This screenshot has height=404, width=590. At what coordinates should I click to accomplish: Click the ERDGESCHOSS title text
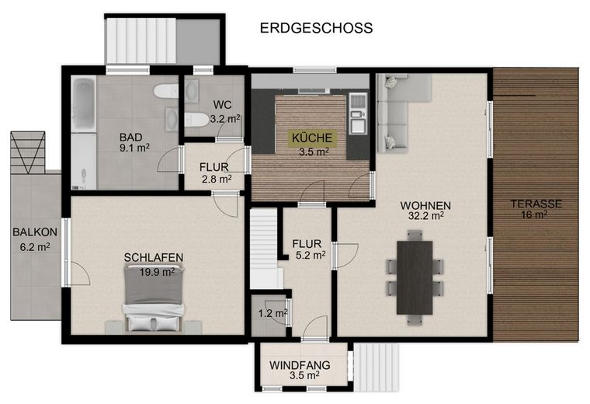point(317,28)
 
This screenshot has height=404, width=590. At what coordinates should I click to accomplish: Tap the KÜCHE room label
point(311,138)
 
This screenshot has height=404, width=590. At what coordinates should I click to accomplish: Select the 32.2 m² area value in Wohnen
point(425,217)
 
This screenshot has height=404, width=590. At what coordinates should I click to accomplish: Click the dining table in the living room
point(415,277)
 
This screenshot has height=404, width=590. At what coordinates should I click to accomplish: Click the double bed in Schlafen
point(154,299)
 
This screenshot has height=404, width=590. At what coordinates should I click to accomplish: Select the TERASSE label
point(536,204)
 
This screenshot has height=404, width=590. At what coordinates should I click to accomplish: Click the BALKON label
point(31,232)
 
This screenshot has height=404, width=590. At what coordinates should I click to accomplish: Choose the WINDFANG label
point(300,365)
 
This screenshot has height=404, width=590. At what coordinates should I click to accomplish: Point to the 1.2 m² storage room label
point(272,314)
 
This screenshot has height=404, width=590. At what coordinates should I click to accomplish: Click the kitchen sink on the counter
point(357,120)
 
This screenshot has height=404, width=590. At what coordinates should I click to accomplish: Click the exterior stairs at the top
point(141,40)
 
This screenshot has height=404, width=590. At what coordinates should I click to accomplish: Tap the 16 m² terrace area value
point(536,216)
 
